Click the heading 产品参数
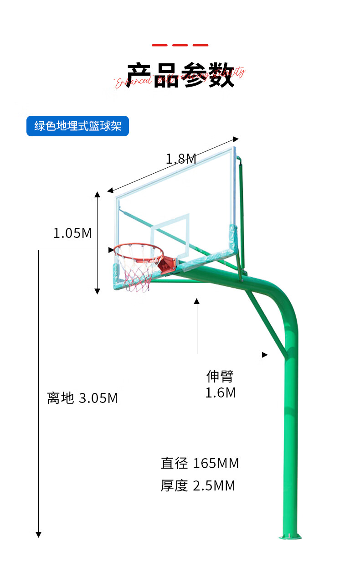(180, 75)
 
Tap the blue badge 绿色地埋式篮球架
(77, 126)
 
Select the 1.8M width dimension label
(181, 159)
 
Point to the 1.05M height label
(72, 233)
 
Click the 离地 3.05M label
(82, 398)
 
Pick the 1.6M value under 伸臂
(221, 392)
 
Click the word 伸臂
(220, 376)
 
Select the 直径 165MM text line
(200, 464)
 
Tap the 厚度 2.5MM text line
(198, 485)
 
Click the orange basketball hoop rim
(138, 250)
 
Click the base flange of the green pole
(290, 537)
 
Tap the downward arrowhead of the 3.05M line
(39, 534)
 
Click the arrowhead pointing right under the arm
(265, 354)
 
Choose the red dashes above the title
(180, 45)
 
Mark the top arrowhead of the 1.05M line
(97, 195)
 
